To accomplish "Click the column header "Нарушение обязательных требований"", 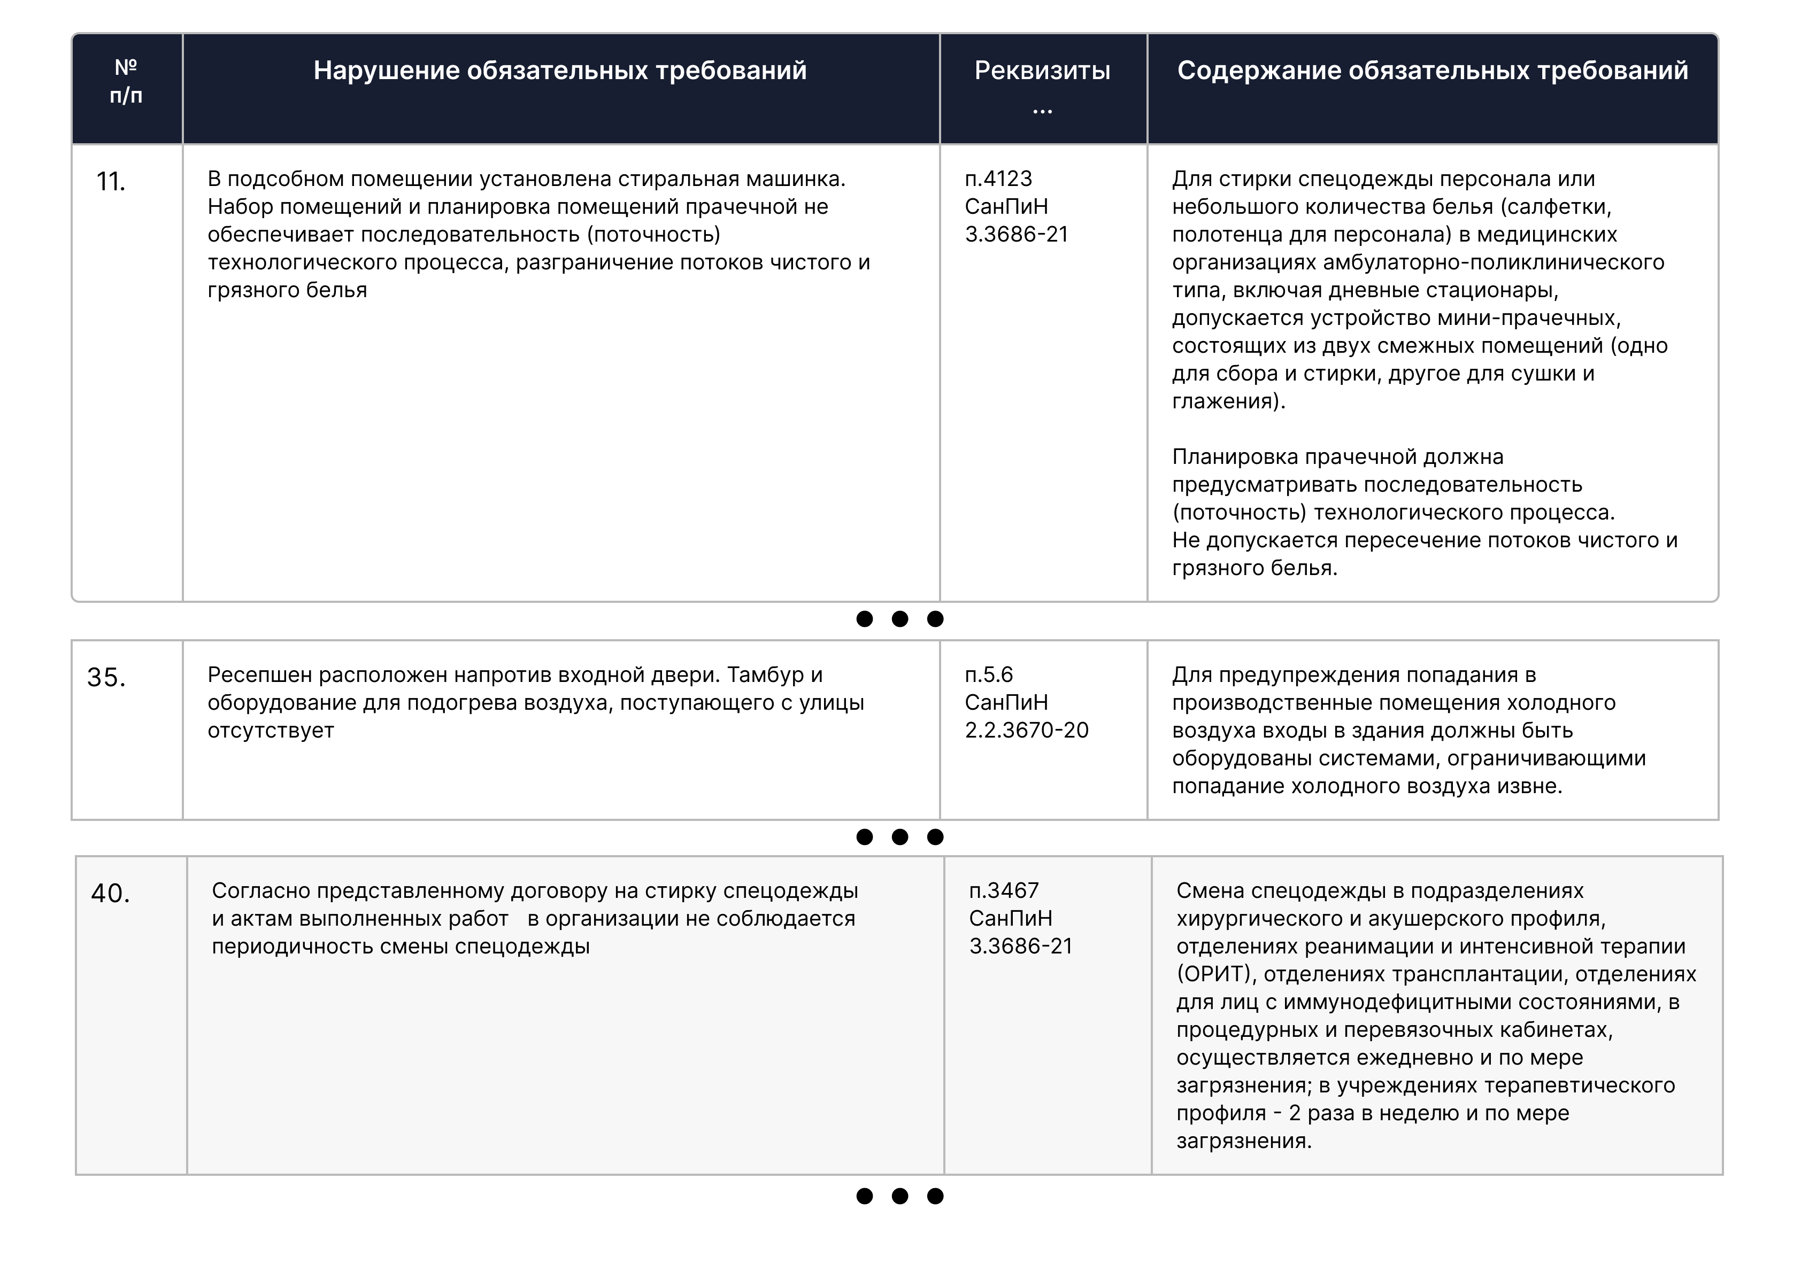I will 560,71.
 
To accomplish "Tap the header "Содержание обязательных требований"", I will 1433,71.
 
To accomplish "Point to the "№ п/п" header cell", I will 126,82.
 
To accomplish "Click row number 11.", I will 111,182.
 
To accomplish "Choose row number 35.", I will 106,678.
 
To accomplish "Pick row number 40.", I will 111,893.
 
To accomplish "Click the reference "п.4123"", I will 998,179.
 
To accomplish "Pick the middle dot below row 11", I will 900,619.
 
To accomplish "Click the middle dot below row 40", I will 900,1196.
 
